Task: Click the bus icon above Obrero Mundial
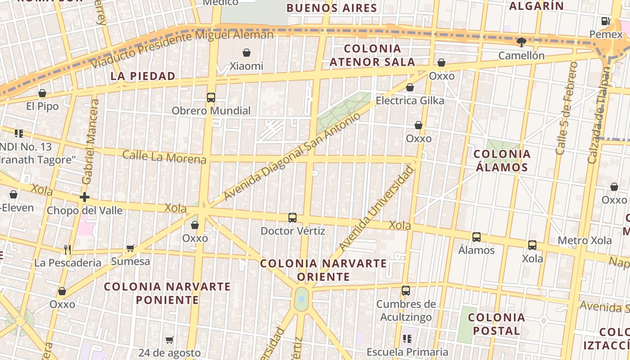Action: [211, 97]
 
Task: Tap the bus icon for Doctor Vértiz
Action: [292, 218]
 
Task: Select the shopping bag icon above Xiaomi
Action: [247, 53]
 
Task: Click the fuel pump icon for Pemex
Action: [605, 21]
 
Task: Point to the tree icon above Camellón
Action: [522, 42]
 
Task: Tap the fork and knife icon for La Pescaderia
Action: [67, 249]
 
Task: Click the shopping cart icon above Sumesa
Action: [130, 248]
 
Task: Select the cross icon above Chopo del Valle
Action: [85, 197]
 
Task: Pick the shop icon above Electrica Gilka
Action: [409, 87]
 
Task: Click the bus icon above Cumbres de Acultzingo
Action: [406, 291]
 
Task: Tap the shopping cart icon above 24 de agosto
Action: [169, 340]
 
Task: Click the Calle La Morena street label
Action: [164, 157]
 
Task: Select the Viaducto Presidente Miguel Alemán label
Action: [182, 49]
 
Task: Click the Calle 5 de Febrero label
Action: [567, 108]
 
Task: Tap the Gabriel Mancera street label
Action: [90, 142]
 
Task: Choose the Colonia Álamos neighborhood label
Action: [502, 161]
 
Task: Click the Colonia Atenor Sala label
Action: [372, 55]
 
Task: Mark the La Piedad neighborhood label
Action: [143, 76]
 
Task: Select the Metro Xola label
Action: [585, 240]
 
